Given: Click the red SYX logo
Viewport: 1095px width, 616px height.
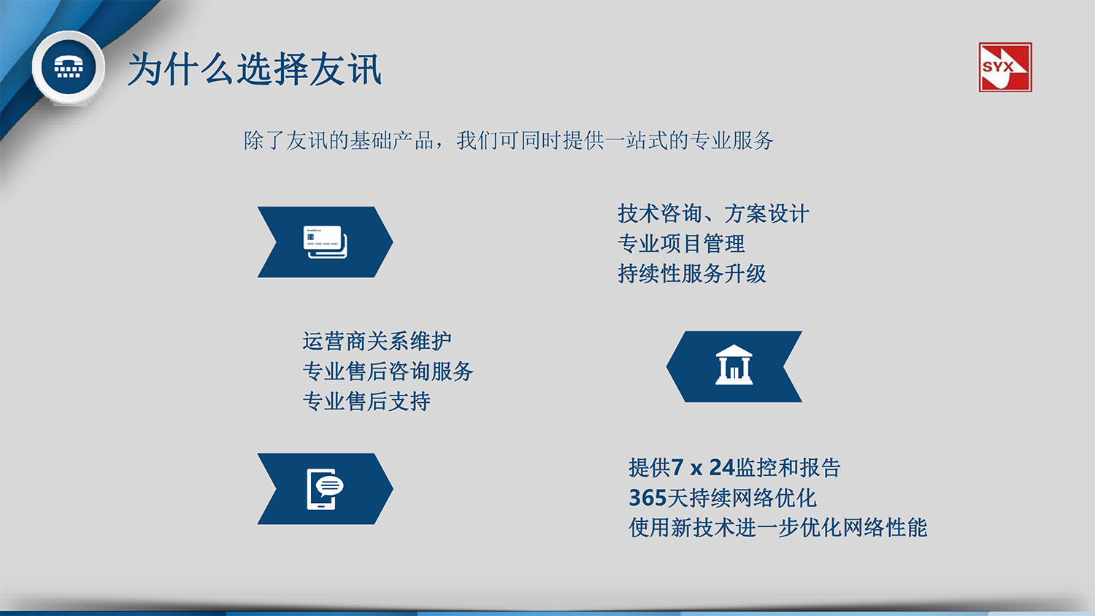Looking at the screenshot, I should (1004, 67).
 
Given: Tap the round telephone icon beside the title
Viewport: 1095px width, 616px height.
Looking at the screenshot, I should (68, 67).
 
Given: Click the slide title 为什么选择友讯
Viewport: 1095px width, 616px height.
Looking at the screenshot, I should (254, 70).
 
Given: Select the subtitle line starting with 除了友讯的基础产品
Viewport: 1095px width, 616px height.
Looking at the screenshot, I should (508, 140).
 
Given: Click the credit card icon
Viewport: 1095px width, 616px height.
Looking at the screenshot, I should (325, 242).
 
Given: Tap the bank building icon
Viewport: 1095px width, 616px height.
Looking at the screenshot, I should (734, 366).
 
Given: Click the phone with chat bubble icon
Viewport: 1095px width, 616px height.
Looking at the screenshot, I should (325, 488).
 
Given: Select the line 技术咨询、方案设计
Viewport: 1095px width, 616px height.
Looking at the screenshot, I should (712, 214).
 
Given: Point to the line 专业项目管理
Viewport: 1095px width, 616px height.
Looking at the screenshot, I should (680, 244).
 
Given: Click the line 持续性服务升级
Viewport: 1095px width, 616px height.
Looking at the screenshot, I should (691, 274).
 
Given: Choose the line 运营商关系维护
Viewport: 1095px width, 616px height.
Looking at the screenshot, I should (377, 341).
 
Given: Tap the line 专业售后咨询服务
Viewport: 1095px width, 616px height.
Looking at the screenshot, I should (387, 371).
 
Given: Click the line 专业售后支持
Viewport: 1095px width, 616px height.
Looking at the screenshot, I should (366, 401).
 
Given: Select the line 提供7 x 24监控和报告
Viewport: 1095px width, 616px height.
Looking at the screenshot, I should (734, 467).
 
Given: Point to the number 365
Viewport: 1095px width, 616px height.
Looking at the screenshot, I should (648, 498).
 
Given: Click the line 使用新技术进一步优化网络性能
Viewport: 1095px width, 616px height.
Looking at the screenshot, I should (777, 528).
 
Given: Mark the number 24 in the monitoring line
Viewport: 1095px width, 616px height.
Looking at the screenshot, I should (721, 467).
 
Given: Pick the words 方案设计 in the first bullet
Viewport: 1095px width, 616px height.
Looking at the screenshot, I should (766, 214).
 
